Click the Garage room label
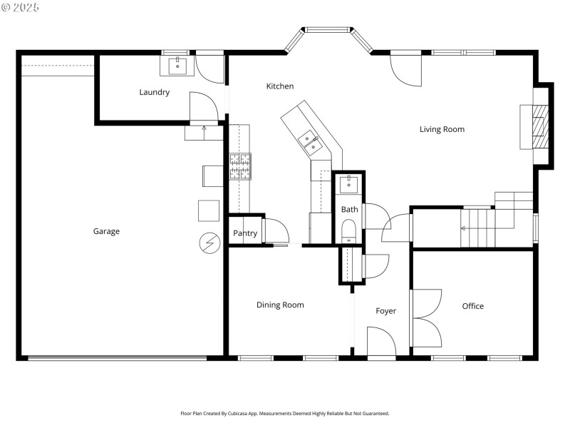pos(106,231)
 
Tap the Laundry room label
pos(155,92)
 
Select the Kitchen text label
pos(280,86)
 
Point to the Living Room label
pos(442,129)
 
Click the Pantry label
pos(245,234)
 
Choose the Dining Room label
pos(280,305)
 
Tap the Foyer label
pos(386,311)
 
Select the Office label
pos(472,306)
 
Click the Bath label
pos(349,210)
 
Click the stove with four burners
pos(240,166)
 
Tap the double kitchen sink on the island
pos(311,143)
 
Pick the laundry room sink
pos(176,67)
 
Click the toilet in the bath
pos(349,231)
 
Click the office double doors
pos(425,317)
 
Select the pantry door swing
pos(276,232)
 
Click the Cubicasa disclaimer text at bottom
pos(285,413)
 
